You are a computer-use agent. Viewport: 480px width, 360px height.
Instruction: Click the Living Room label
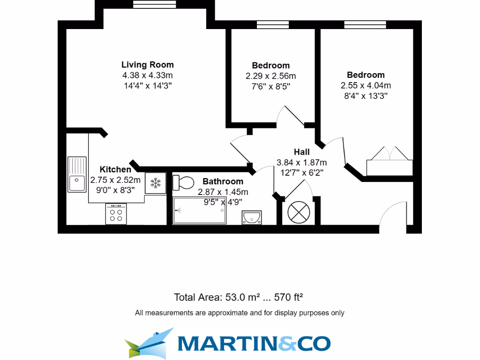pos(147,65)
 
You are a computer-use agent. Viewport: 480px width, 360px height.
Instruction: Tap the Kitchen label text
pos(115,169)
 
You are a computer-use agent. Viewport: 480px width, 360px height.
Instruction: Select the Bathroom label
pos(223,181)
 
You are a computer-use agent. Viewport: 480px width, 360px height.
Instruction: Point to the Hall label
pos(301,152)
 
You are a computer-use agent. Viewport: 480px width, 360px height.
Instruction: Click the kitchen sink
pos(77,174)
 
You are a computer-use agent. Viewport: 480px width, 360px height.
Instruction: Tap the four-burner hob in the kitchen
pos(116,214)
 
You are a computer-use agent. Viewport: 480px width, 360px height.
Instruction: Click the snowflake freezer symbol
pos(155,182)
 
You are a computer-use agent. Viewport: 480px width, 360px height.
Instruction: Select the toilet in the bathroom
pos(183,182)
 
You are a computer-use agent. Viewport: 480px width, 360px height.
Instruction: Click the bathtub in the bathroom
pos(200,210)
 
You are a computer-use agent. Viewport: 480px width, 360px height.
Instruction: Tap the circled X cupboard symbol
pos(297,211)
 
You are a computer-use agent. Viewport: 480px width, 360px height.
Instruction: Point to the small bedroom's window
pos(272,24)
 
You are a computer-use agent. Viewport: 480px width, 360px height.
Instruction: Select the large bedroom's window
pos(365,24)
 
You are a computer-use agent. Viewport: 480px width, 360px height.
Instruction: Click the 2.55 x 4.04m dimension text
pos(366,85)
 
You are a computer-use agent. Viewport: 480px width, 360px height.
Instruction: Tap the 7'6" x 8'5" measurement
pos(270,86)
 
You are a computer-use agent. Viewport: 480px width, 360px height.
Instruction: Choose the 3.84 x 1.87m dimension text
pos(301,163)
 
